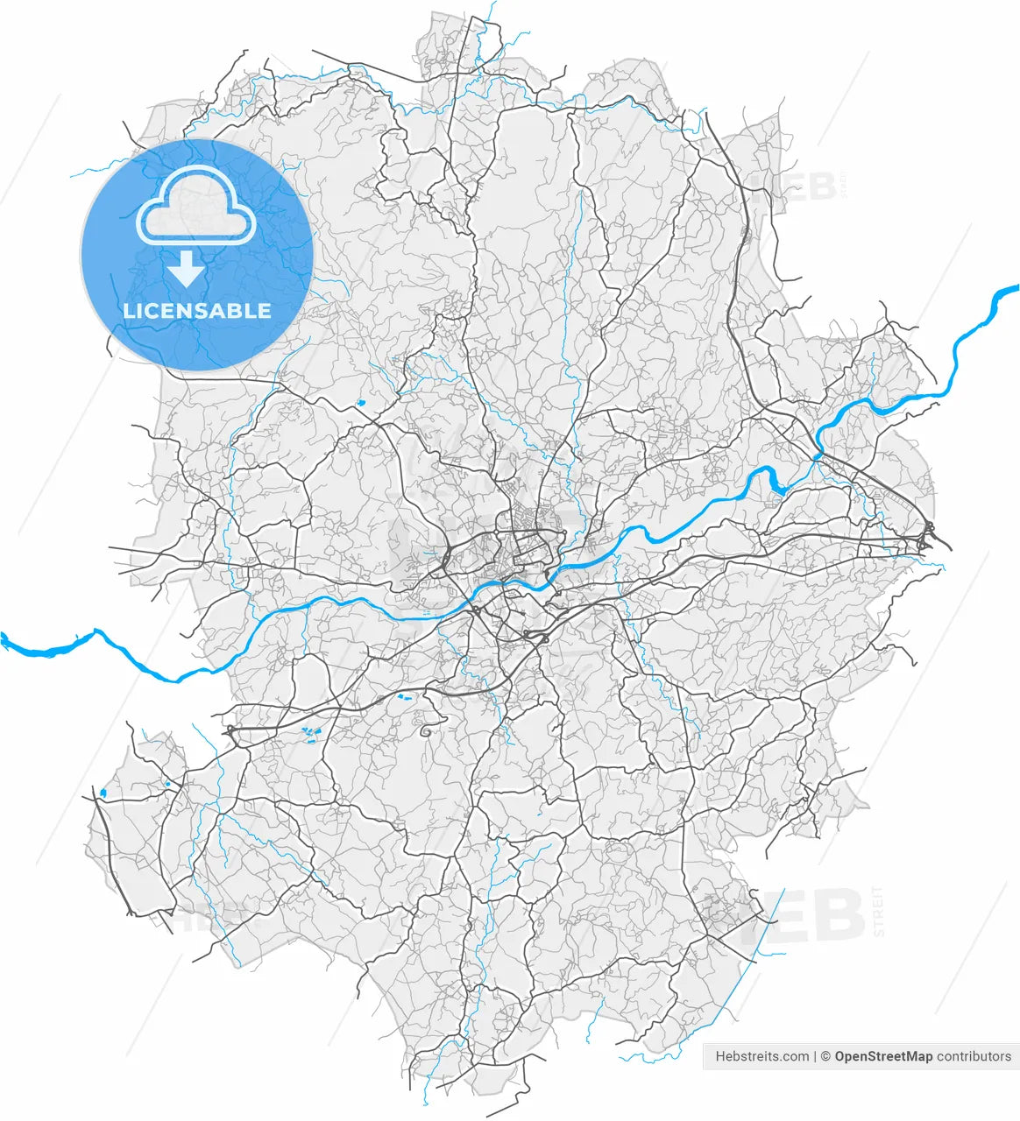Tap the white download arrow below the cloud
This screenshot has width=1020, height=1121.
pyautogui.click(x=186, y=269)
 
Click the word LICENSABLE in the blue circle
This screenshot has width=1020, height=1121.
pyautogui.click(x=197, y=311)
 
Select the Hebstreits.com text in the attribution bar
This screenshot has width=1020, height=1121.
pyautogui.click(x=761, y=1056)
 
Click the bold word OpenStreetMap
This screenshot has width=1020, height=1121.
pyautogui.click(x=883, y=1056)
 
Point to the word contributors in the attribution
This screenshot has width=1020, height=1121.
pyautogui.click(x=974, y=1056)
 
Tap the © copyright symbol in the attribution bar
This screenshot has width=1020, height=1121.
pyautogui.click(x=825, y=1056)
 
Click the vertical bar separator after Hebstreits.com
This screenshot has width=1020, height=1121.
pyautogui.click(x=815, y=1056)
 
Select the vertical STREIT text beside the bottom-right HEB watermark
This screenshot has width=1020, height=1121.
pyautogui.click(x=878, y=912)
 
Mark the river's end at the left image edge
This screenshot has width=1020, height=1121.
pyautogui.click(x=4, y=639)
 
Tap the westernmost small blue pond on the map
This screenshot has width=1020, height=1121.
pyautogui.click(x=103, y=793)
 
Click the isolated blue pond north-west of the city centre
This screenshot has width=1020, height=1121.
pyautogui.click(x=360, y=403)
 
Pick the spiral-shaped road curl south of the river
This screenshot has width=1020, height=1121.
pyautogui.click(x=425, y=728)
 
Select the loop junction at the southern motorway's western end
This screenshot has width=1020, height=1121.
pyautogui.click(x=230, y=730)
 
